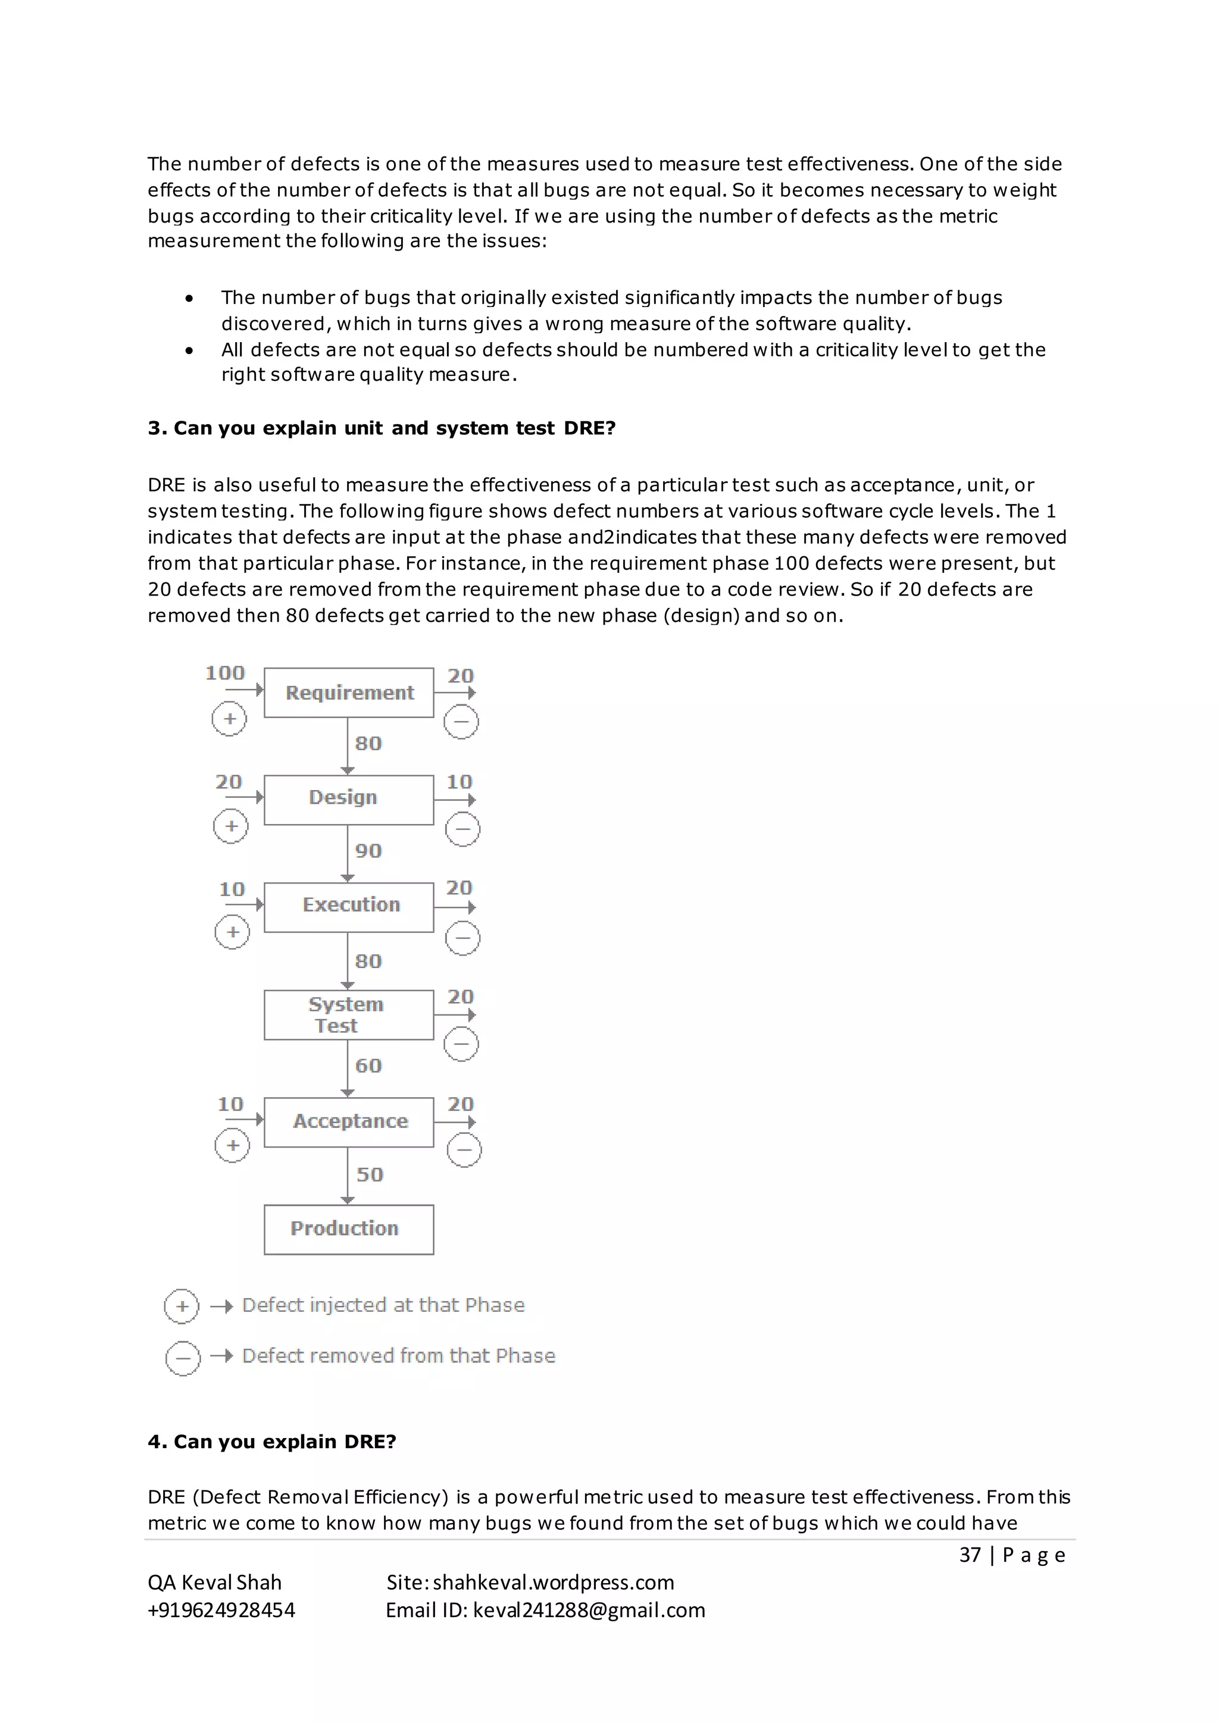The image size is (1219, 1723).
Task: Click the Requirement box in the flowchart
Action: click(349, 693)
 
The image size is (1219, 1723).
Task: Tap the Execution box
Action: click(349, 907)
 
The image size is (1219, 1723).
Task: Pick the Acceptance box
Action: click(349, 1122)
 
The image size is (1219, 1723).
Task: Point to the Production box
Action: click(349, 1229)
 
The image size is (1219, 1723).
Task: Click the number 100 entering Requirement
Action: click(225, 672)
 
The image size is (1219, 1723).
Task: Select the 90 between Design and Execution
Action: click(368, 851)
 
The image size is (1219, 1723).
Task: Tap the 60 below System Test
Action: click(368, 1066)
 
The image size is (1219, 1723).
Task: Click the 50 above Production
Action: click(369, 1174)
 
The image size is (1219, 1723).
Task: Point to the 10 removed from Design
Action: click(460, 782)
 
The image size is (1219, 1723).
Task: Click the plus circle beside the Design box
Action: click(230, 826)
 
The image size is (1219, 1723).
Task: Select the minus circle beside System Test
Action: click(461, 1044)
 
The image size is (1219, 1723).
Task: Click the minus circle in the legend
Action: click(182, 1358)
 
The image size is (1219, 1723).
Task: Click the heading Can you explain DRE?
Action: click(272, 1442)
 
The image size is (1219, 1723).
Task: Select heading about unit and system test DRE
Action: click(382, 428)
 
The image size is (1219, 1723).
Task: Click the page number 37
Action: click(970, 1555)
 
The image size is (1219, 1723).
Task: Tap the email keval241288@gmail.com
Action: click(589, 1610)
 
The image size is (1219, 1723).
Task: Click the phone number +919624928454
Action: click(221, 1610)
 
